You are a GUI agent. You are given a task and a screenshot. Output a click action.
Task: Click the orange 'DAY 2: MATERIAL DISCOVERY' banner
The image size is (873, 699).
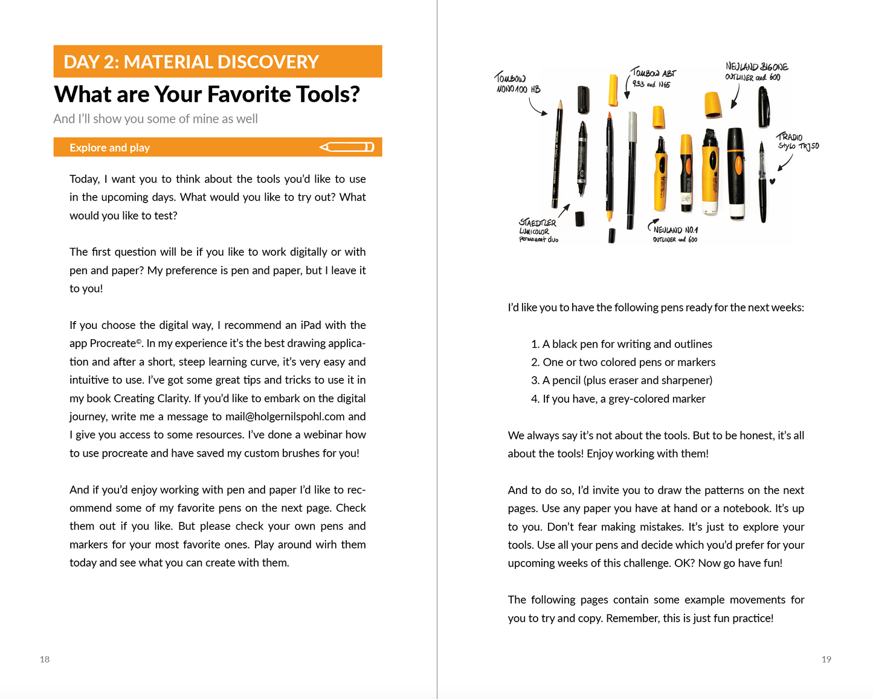pos(217,62)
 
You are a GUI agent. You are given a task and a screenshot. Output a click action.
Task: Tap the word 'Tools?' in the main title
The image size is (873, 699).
pos(324,94)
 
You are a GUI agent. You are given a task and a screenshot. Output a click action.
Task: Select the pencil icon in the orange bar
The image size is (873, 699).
pos(347,147)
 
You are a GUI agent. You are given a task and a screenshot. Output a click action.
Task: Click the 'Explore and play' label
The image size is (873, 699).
pos(109,148)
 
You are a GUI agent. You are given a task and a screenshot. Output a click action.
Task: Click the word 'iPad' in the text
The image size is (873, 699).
pos(311,325)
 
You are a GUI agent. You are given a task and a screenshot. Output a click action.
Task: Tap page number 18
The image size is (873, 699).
pos(45,659)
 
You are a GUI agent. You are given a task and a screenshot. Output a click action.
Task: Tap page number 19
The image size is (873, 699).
pos(826,659)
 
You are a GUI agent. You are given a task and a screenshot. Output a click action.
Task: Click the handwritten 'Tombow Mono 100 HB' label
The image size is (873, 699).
pos(517,83)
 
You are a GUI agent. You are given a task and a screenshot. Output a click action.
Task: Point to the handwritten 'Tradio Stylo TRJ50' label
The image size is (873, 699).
pos(797,141)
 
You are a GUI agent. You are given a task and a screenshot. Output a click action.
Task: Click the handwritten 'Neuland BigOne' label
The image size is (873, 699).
pos(756,71)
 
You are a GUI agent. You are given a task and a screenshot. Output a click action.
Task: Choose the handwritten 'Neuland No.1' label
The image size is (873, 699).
pos(675,234)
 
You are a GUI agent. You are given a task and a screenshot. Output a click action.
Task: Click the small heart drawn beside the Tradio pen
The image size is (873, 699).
pos(772,181)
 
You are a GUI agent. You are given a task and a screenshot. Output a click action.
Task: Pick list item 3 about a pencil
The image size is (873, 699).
pos(622,380)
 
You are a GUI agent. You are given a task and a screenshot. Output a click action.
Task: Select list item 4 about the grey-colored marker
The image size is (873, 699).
pos(618,399)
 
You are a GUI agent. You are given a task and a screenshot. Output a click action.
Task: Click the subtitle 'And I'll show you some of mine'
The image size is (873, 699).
pos(155,119)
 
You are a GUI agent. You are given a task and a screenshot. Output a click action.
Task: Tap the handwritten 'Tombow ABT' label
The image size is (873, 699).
pos(652,78)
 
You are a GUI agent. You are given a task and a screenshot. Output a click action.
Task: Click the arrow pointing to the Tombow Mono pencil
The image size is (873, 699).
pos(537,107)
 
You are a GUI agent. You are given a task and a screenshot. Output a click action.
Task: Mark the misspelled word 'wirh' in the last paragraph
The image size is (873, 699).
pos(326,545)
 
